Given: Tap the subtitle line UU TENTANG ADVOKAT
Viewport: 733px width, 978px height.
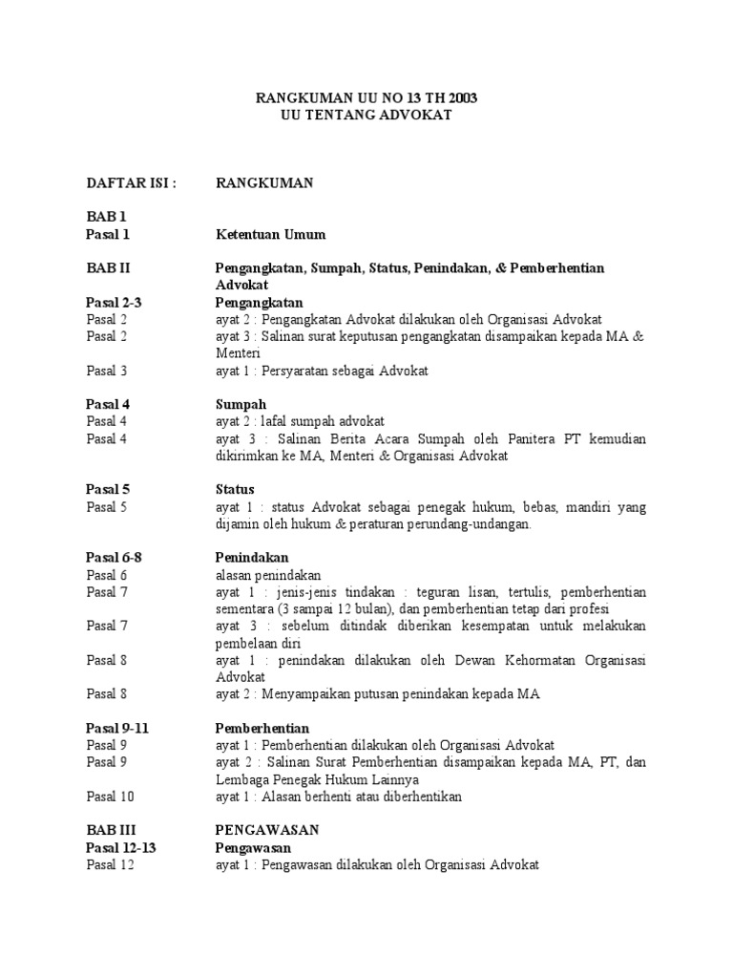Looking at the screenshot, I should pyautogui.click(x=366, y=115).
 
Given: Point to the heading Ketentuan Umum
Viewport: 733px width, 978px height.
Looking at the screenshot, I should pyautogui.click(x=270, y=234).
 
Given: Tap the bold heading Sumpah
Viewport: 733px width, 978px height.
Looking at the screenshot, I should pyautogui.click(x=241, y=404).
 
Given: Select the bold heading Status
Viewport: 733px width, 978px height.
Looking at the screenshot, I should pyautogui.click(x=237, y=489).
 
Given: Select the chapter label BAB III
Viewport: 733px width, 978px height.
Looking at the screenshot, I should pyautogui.click(x=110, y=830).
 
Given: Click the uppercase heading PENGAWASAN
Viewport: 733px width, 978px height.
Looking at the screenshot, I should pyautogui.click(x=267, y=830).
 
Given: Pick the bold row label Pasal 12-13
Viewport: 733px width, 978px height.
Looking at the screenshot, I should pyautogui.click(x=120, y=847).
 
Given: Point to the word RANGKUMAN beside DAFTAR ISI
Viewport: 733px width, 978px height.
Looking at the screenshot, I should pyautogui.click(x=264, y=182).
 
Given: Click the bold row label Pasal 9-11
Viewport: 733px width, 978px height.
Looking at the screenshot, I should pyautogui.click(x=117, y=729).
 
